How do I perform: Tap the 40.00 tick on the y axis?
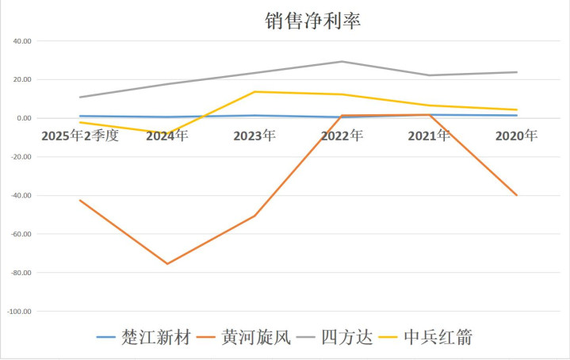point(21,41)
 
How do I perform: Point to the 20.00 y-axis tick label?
point(21,80)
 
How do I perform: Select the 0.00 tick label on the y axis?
point(23,118)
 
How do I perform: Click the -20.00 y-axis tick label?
point(20,157)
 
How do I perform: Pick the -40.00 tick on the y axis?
point(20,196)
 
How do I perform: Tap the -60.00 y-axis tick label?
point(20,235)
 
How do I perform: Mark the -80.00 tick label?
point(20,273)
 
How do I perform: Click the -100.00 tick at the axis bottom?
point(18,312)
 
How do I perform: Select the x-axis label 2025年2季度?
point(80,136)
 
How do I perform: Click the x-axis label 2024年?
point(166,136)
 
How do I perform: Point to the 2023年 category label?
point(254,136)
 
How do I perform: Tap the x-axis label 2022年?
point(342,136)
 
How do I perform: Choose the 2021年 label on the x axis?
point(429,136)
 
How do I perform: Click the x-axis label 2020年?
point(516,136)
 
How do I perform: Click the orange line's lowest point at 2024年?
point(166,264)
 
